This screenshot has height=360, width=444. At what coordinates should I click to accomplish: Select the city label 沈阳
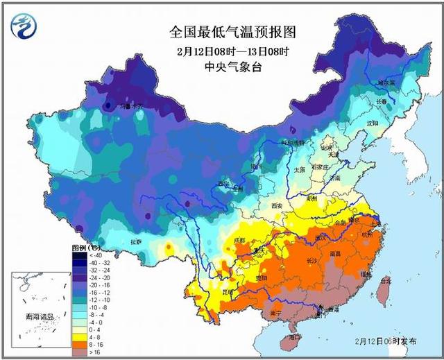coord(373,123)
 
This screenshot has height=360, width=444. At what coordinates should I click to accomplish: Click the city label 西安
coord(277,206)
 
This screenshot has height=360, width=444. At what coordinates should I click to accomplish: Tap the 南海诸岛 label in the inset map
coord(38,317)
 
